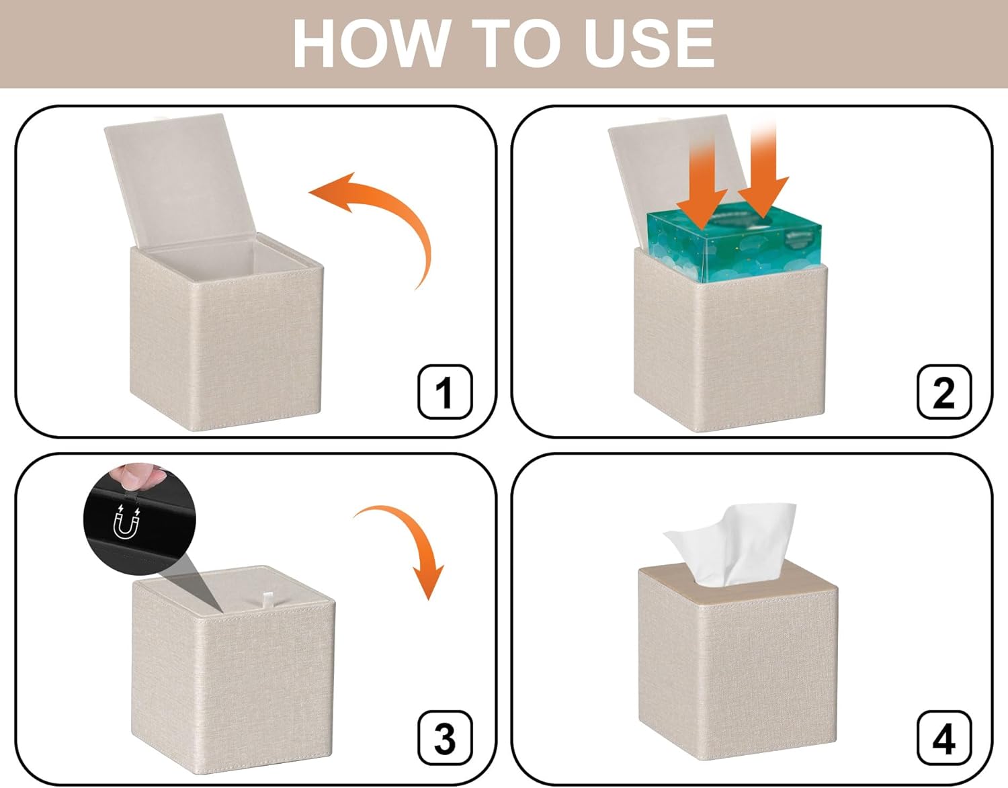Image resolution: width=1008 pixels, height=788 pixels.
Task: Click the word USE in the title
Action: tap(649, 44)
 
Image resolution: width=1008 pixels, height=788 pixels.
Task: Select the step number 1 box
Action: tap(445, 392)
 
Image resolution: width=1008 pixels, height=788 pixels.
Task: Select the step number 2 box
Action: tap(944, 392)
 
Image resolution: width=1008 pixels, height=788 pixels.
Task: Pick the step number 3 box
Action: tap(445, 738)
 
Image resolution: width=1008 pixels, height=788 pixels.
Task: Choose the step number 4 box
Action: tap(944, 738)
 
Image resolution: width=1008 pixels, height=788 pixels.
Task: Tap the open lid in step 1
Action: tap(181, 181)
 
